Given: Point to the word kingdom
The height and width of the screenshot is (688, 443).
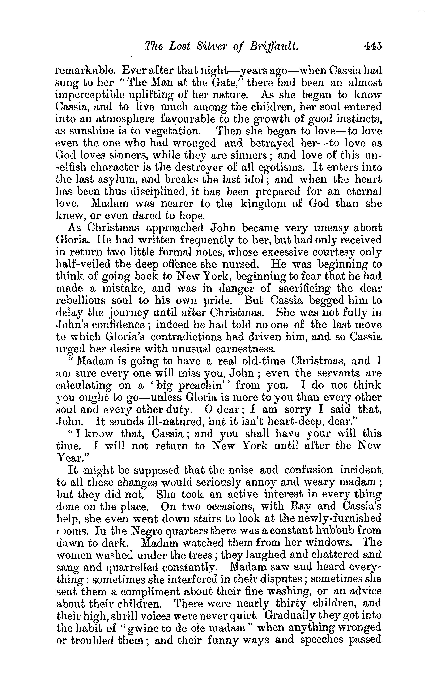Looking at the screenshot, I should click(265, 204).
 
